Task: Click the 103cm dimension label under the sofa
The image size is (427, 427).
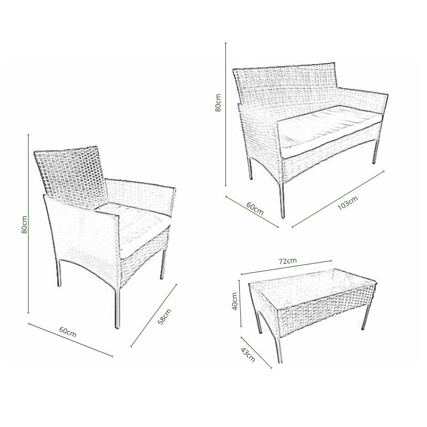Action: pos(347,203)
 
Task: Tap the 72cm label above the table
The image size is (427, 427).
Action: pos(288,261)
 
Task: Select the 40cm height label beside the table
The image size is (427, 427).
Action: pos(234,301)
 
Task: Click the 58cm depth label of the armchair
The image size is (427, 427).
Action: pos(164,317)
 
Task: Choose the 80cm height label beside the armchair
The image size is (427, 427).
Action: pos(24,224)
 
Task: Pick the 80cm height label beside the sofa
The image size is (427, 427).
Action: pos(218,102)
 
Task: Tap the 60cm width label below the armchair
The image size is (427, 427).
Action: pos(68,331)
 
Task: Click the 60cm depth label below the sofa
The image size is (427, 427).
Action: pos(255,208)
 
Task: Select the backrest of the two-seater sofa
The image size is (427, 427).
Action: pos(286,87)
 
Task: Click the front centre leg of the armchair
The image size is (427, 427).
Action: pos(117,308)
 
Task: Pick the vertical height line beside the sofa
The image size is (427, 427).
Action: pos(226,114)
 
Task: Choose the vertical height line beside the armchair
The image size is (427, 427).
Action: pos(28,224)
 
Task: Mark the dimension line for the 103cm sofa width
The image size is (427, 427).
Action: pos(338,199)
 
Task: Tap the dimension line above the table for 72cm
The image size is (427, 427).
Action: pos(286,267)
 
